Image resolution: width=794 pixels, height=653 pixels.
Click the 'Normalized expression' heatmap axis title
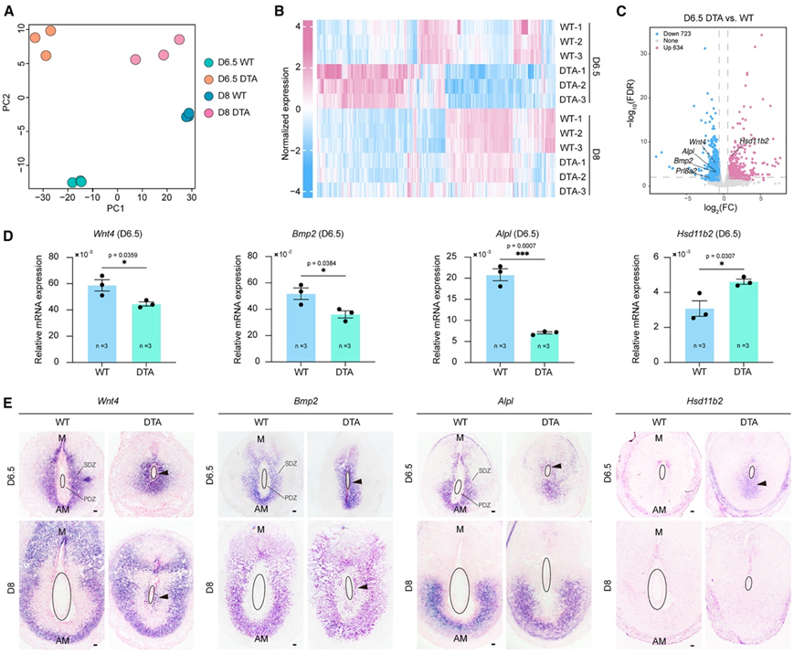[287, 106]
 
